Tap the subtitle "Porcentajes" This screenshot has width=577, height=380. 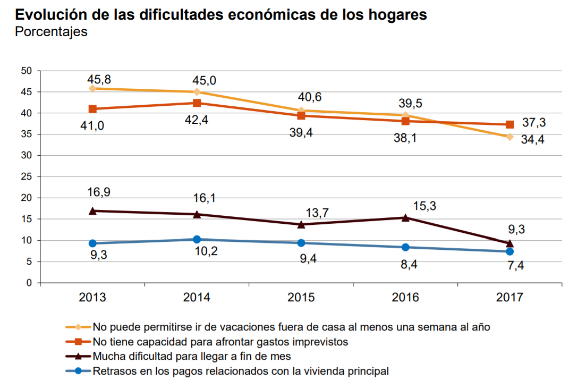[51, 32]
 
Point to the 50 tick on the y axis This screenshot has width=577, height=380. [27, 71]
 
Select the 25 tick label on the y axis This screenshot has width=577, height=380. [27, 176]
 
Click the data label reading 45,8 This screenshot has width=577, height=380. [99, 80]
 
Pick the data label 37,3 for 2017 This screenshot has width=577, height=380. [534, 123]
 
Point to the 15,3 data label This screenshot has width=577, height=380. [425, 206]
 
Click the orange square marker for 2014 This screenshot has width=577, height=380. [197, 103]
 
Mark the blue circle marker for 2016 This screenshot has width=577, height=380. [405, 247]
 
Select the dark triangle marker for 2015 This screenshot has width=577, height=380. [301, 224]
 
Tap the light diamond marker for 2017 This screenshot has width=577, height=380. [510, 137]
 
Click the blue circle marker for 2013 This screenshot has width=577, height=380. [92, 243]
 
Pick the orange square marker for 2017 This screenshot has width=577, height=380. [510, 124]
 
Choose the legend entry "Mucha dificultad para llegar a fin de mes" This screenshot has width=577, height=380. [191, 356]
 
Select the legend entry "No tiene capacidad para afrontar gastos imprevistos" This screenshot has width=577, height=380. [220, 341]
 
